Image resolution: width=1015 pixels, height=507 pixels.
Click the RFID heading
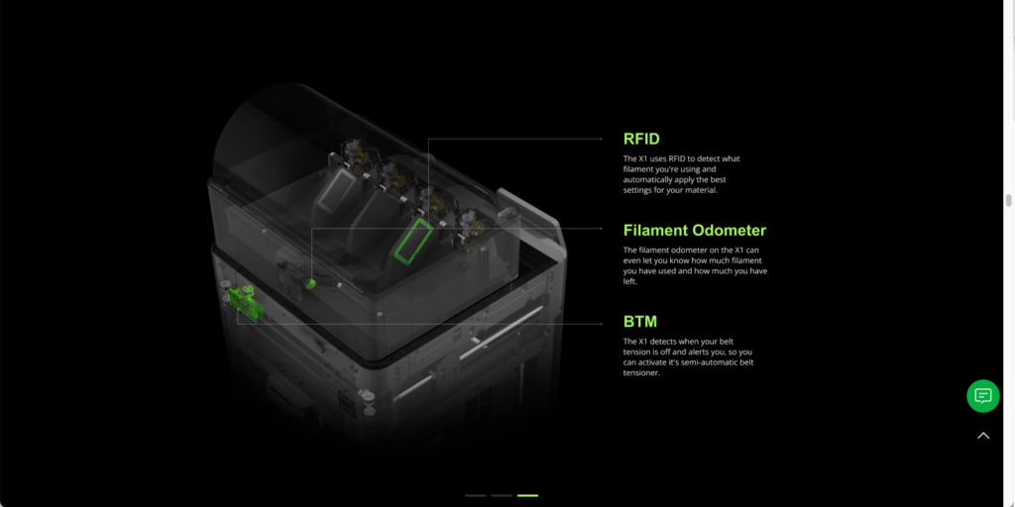pos(641,139)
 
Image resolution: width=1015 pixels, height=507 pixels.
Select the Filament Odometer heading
pos(695,230)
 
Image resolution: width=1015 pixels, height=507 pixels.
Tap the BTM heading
pos(640,322)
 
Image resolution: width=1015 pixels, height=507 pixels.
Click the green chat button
pos(982,396)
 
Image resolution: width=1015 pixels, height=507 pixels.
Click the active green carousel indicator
pos(527,495)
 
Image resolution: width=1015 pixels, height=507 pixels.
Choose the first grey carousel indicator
pos(475,495)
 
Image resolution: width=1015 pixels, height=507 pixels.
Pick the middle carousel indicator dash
pos(502,495)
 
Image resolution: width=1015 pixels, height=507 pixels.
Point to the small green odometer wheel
pos(310,283)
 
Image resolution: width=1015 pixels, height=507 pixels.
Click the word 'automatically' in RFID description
pos(644,179)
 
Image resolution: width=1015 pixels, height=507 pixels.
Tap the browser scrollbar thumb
pos(1008,200)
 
